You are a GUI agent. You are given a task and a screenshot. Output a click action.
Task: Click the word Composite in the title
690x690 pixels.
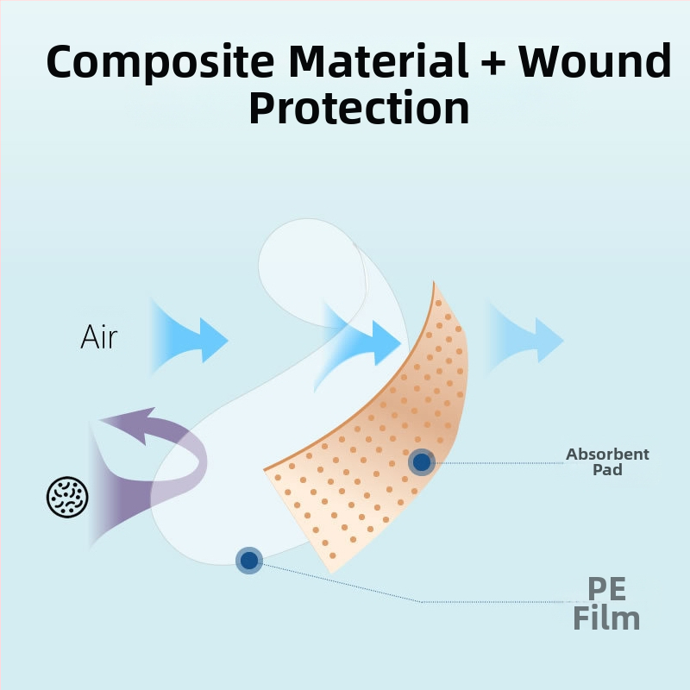159,62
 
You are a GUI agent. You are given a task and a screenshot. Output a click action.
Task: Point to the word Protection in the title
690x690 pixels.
359,109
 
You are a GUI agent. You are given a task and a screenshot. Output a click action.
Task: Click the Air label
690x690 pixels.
99,337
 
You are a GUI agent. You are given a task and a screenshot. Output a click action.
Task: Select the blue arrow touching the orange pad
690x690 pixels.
362,342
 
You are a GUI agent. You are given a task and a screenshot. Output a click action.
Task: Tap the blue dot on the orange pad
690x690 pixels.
422,462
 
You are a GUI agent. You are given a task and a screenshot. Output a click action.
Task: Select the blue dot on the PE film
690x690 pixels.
249,561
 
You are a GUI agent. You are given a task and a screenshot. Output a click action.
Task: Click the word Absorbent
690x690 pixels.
607,455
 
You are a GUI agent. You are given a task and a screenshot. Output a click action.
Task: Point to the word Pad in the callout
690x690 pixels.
607,470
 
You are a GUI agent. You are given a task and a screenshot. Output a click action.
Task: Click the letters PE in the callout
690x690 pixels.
606,590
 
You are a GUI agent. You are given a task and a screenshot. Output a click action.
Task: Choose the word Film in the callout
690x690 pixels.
606,618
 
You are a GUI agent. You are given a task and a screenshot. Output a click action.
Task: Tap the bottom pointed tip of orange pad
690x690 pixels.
331,570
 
